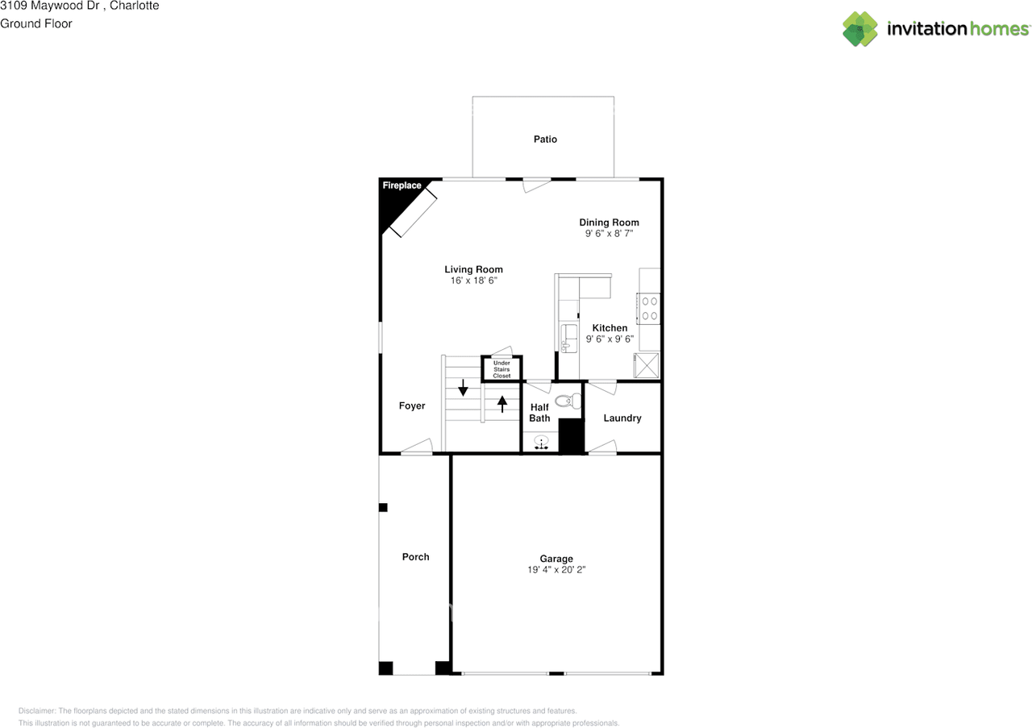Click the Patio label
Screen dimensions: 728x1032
click(x=545, y=139)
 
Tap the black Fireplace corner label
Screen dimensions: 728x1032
click(x=401, y=186)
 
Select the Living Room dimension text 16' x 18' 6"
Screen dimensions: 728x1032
click(x=473, y=281)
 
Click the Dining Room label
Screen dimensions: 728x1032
click(x=609, y=223)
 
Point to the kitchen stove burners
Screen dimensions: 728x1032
click(x=649, y=308)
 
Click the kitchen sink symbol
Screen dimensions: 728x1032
click(x=568, y=337)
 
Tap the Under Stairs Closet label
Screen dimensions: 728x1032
click(x=501, y=369)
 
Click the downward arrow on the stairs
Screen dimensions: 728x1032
click(x=463, y=389)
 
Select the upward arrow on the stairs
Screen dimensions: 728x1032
click(x=502, y=403)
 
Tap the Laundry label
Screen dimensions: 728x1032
click(x=622, y=418)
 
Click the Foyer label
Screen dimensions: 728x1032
click(x=412, y=406)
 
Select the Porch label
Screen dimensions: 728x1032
click(x=415, y=557)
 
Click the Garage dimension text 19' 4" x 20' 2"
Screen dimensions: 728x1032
click(x=556, y=569)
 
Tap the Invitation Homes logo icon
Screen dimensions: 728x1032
click(x=860, y=29)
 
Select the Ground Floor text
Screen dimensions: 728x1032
click(x=36, y=23)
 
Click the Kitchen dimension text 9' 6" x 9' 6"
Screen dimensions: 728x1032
click(x=610, y=339)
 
